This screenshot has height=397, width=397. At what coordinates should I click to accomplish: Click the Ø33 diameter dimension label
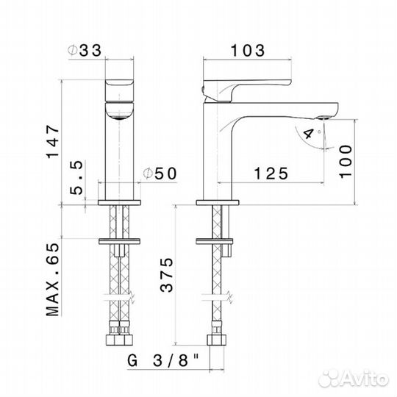(x=85, y=50)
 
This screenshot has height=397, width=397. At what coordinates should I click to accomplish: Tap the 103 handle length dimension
(x=248, y=51)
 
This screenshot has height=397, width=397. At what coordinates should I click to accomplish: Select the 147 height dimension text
(x=53, y=141)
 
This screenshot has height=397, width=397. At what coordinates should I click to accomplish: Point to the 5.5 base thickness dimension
(x=76, y=177)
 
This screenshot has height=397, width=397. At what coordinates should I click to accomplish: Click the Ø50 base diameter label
(x=160, y=174)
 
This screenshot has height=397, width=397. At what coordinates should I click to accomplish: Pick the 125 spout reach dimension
(x=271, y=174)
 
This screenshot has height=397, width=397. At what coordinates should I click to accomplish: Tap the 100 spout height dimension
(x=346, y=162)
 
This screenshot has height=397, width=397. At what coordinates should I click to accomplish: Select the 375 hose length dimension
(x=167, y=275)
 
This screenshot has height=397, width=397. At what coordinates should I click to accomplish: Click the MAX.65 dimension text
(x=53, y=279)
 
